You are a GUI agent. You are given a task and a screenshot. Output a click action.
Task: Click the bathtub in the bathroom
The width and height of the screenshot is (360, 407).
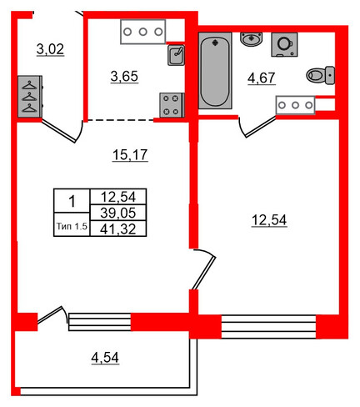click(x=215, y=71)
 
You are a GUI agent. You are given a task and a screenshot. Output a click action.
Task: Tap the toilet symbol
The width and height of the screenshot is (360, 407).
click(x=321, y=75)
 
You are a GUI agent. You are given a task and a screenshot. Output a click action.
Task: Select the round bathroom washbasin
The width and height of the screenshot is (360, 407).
click(x=251, y=39)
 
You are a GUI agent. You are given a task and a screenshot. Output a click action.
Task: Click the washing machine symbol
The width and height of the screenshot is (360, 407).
click(x=284, y=44)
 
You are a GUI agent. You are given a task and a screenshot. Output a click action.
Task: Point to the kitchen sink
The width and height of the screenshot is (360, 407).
click(x=176, y=55)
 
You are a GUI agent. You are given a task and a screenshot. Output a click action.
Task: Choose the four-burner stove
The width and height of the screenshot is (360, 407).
click(x=172, y=105)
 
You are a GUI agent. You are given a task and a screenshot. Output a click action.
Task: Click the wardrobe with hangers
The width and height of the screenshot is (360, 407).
click(x=30, y=97)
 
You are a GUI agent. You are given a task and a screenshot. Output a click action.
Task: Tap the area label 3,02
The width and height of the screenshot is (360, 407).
click(x=50, y=49)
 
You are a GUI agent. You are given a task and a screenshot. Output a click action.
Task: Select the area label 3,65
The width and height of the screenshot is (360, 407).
click(x=124, y=77)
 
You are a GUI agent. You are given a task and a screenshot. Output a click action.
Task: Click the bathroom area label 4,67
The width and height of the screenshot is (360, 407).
click(x=262, y=78)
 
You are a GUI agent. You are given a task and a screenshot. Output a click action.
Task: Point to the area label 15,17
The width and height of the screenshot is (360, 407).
click(x=130, y=155)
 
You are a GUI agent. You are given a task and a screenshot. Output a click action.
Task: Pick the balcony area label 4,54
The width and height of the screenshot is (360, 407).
click(x=105, y=358)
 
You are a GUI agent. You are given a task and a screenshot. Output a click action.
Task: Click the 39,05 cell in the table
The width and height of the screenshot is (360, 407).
click(x=118, y=213)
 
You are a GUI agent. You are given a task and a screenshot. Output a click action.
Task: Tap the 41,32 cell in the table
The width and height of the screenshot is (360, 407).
click(x=118, y=229)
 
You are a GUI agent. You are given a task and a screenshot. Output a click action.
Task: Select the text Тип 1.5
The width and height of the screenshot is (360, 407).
click(x=72, y=226)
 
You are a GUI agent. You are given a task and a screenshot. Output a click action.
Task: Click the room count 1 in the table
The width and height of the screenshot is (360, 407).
click(x=72, y=201)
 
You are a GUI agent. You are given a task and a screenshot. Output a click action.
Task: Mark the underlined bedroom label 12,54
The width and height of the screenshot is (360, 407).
click(x=269, y=220)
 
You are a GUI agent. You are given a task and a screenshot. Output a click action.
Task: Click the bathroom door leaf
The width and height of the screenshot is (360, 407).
click(x=261, y=128)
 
